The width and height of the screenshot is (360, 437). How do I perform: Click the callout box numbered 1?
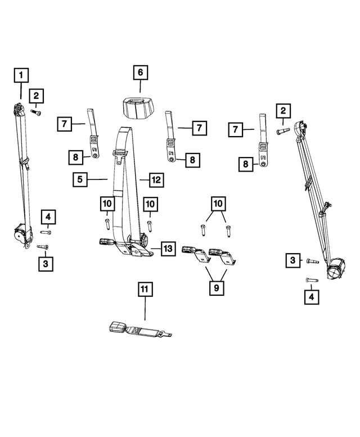[x=20, y=74]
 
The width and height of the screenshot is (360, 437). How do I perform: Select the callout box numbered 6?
[x=140, y=73]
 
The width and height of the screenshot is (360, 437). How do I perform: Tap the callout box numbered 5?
[x=80, y=179]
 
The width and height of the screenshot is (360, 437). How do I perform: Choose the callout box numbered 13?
[x=168, y=248]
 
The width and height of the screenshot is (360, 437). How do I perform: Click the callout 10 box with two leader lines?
[x=218, y=203]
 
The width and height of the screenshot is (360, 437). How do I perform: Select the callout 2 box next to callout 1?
[x=37, y=97]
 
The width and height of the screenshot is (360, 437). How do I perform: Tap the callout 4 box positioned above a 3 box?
[x=48, y=217]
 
